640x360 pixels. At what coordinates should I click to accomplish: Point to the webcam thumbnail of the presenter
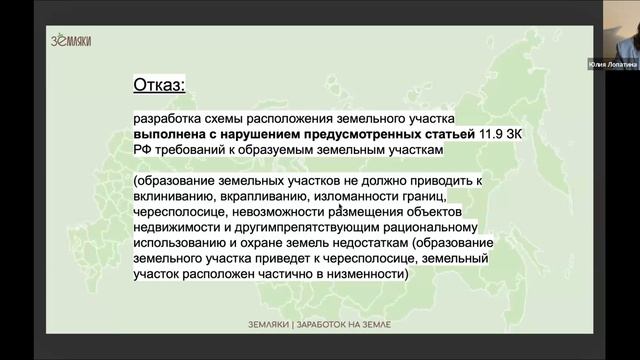(612, 30)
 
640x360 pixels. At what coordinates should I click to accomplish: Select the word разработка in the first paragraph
(170, 117)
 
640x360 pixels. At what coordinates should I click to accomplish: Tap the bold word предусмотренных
(344, 133)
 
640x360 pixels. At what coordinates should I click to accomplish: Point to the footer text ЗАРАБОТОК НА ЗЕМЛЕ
(346, 326)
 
